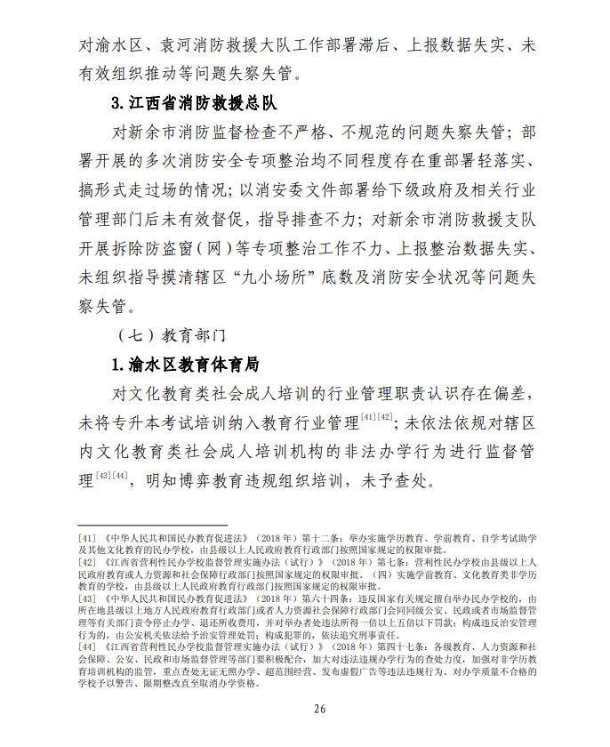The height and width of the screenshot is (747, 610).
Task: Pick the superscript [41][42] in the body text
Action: (x=378, y=415)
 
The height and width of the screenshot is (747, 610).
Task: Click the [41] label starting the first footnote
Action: (x=88, y=540)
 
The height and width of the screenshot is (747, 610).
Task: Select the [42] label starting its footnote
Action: (x=88, y=563)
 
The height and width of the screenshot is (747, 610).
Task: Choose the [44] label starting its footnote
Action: (x=88, y=645)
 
